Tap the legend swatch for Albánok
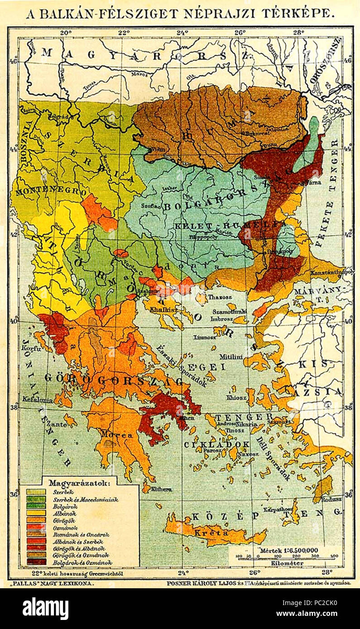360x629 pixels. pyautogui.click(x=36, y=513)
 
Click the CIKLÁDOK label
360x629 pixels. pyautogui.click(x=216, y=444)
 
